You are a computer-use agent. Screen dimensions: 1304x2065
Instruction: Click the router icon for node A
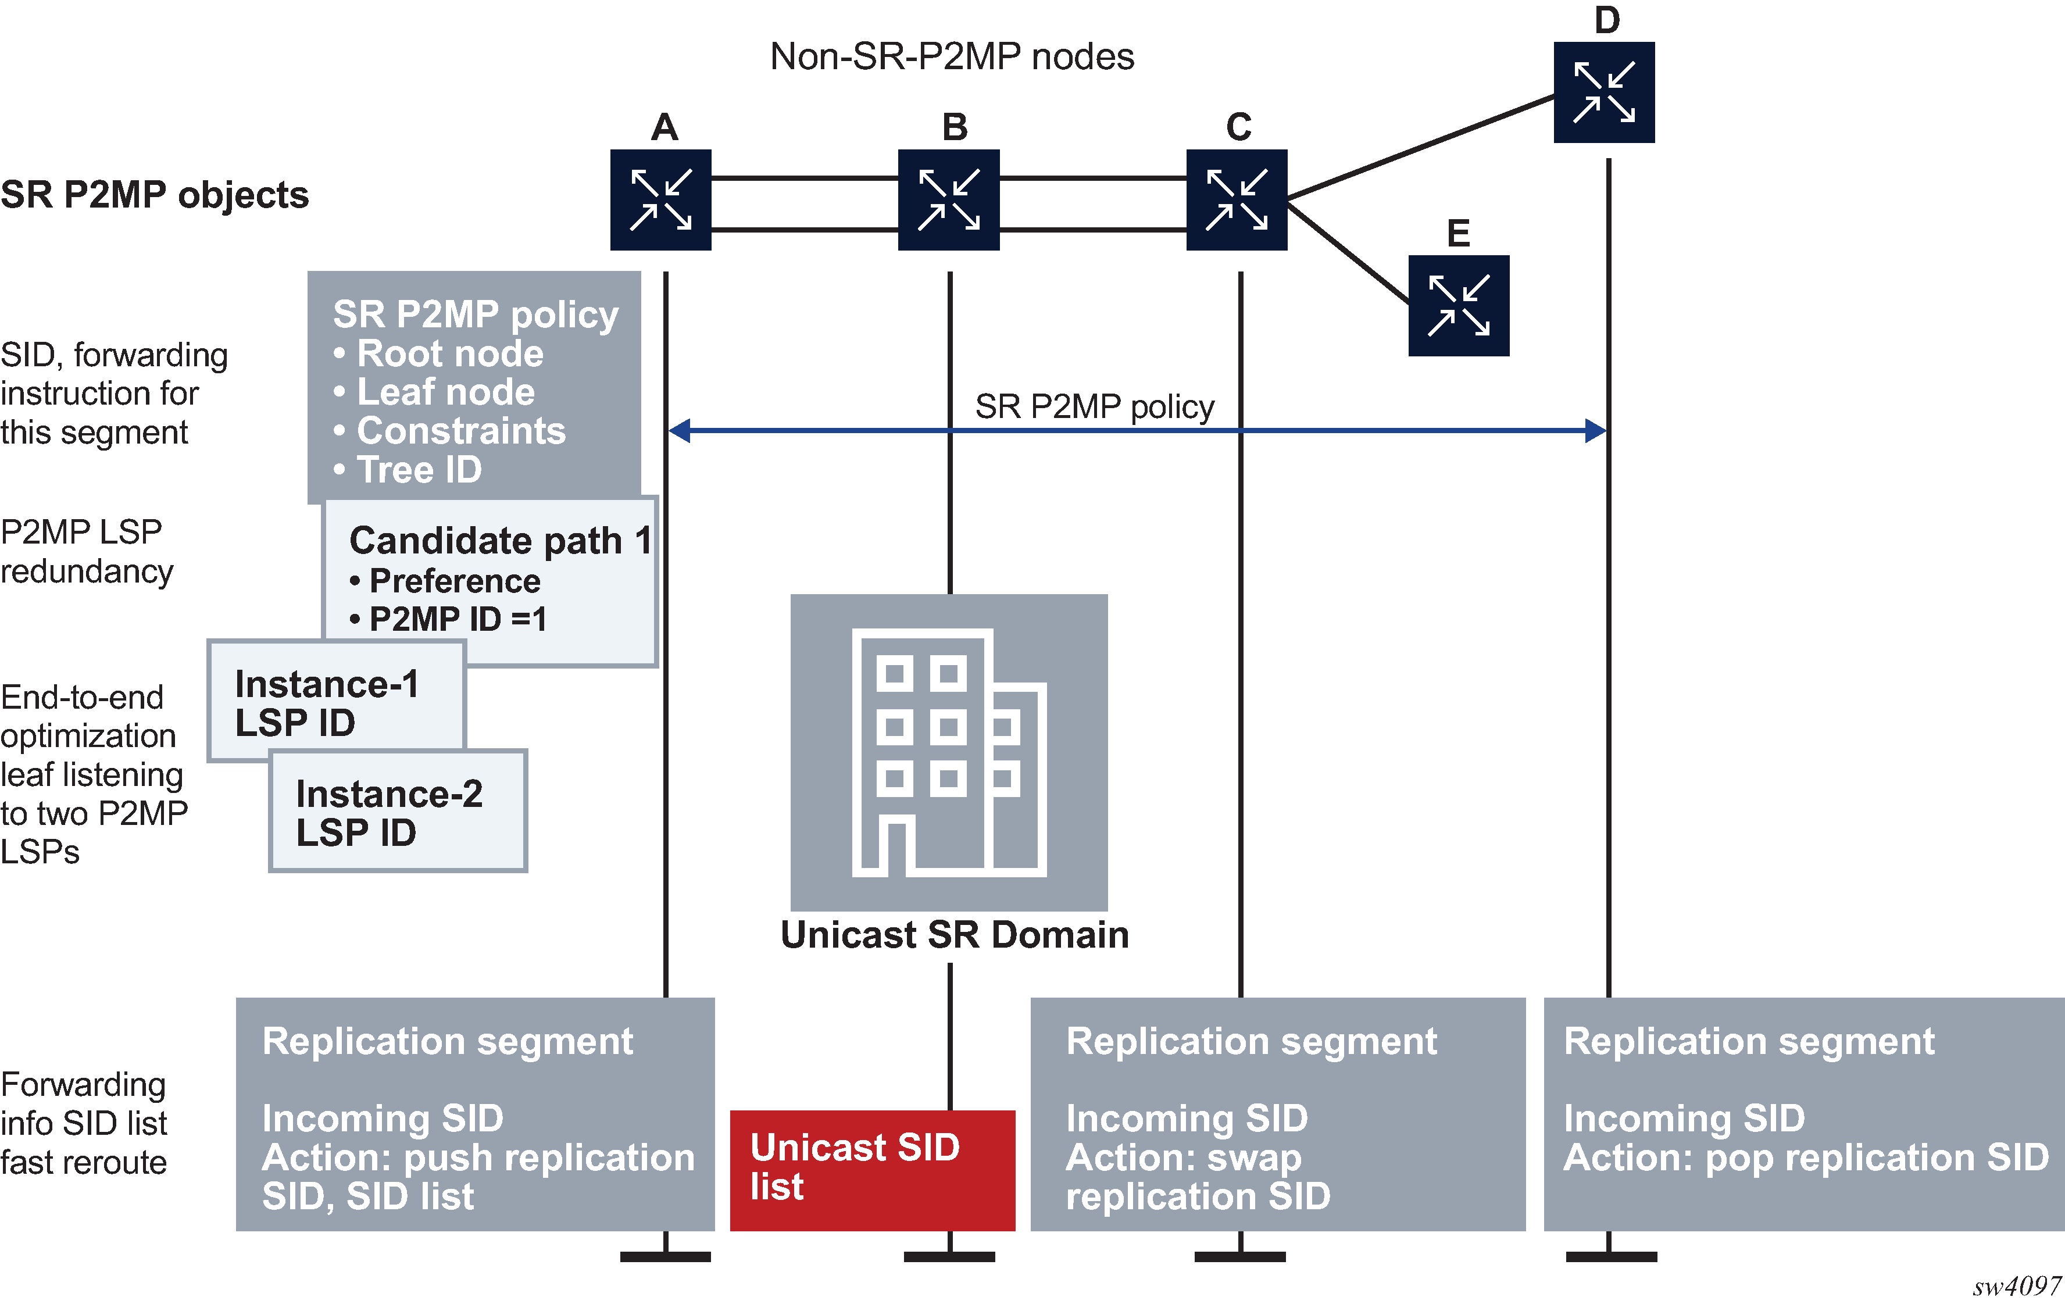(660, 200)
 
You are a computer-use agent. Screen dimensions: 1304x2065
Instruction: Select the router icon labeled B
(948, 200)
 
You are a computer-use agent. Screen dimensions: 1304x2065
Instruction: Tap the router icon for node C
(1237, 200)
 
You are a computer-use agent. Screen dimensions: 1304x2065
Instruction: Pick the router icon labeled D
(1603, 92)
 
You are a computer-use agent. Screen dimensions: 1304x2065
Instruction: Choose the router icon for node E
(1458, 305)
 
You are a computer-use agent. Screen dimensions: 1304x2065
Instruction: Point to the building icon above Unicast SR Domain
(948, 752)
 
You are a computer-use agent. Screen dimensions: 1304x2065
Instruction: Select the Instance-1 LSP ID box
(336, 701)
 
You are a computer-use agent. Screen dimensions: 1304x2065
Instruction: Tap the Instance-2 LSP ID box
(398, 811)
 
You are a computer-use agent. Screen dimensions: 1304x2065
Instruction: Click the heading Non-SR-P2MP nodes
(952, 56)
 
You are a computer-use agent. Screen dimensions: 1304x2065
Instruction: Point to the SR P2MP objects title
(155, 195)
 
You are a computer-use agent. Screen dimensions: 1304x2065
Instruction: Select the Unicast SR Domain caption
(953, 934)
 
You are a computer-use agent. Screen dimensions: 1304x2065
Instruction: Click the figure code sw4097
(2016, 1286)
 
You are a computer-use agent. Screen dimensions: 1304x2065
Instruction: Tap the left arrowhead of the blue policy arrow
(679, 430)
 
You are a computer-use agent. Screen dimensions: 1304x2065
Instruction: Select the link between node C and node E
(1348, 252)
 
